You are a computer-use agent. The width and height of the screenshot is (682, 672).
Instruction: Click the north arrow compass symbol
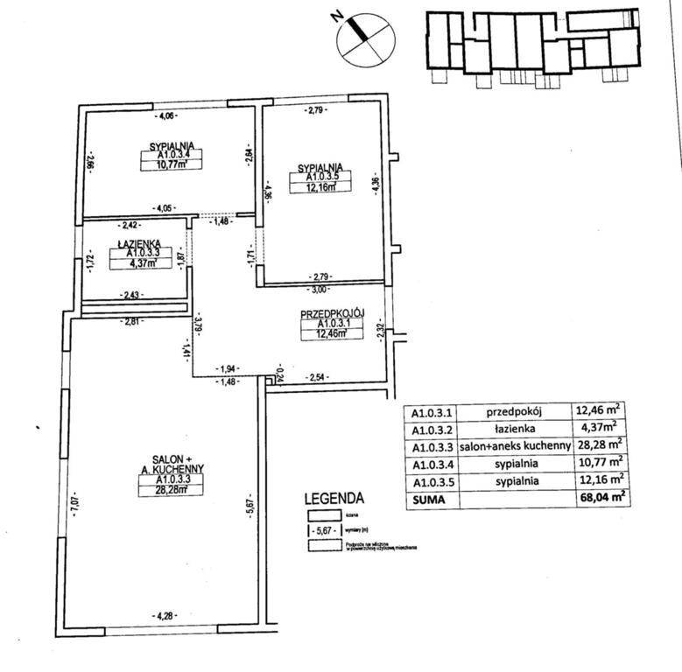pyautogui.click(x=360, y=39)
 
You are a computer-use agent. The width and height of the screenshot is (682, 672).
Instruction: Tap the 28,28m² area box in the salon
pyautogui.click(x=172, y=489)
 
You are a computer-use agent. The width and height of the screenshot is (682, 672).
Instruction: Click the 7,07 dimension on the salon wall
pyautogui.click(x=75, y=505)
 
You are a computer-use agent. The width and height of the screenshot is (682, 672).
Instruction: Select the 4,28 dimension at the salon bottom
pyautogui.click(x=163, y=616)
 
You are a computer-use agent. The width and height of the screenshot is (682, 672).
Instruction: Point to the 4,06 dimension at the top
pyautogui.click(x=165, y=115)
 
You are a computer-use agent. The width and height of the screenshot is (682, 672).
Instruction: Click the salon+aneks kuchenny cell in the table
pyautogui.click(x=515, y=445)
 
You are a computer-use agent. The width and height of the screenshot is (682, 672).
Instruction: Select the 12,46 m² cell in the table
pyautogui.click(x=600, y=409)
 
